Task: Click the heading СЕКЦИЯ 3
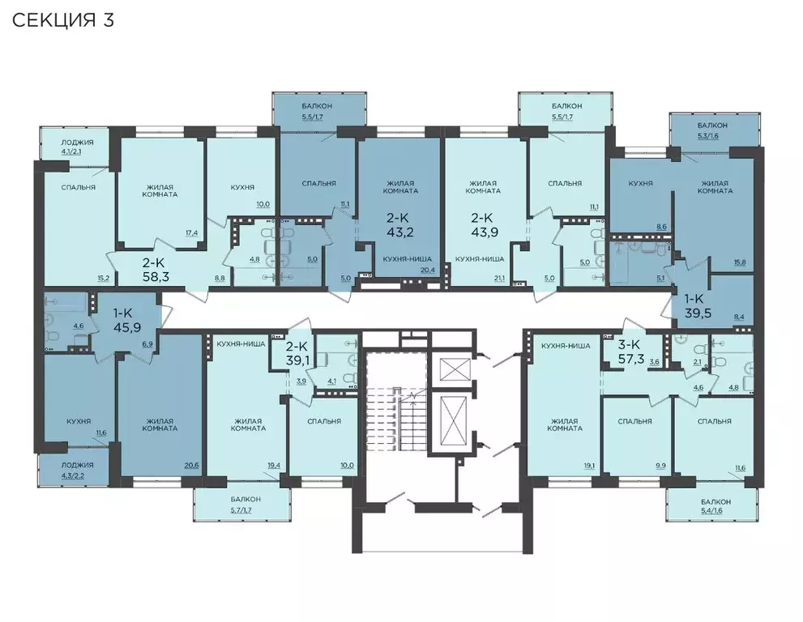pyautogui.click(x=63, y=20)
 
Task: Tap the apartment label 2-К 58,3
pyautogui.click(x=156, y=271)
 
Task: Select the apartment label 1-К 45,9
pyautogui.click(x=127, y=320)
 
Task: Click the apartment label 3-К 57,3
pyautogui.click(x=630, y=351)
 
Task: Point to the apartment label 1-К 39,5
pyautogui.click(x=698, y=305)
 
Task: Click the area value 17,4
pyautogui.click(x=191, y=233)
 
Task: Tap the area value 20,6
pyautogui.click(x=191, y=466)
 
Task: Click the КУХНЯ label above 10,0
pyautogui.click(x=243, y=187)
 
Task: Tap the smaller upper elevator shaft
pyautogui.click(x=455, y=369)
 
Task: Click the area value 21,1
pyautogui.click(x=498, y=279)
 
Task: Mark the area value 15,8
pyautogui.click(x=740, y=262)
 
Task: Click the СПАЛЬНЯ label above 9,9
pyautogui.click(x=635, y=421)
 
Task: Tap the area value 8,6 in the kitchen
pyautogui.click(x=661, y=226)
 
